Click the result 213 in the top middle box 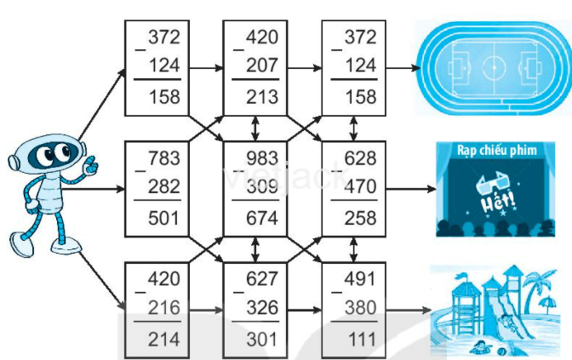tap(261, 96)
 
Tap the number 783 tap(163, 158)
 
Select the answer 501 tap(163, 218)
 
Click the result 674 tap(261, 218)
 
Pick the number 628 tap(360, 158)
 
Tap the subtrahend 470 tap(360, 187)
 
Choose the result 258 tap(360, 218)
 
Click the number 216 tap(163, 307)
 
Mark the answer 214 tap(163, 339)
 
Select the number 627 tap(261, 278)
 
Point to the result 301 tap(261, 339)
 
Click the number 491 tap(360, 278)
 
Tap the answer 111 tap(360, 339)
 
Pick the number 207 tap(261, 66)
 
